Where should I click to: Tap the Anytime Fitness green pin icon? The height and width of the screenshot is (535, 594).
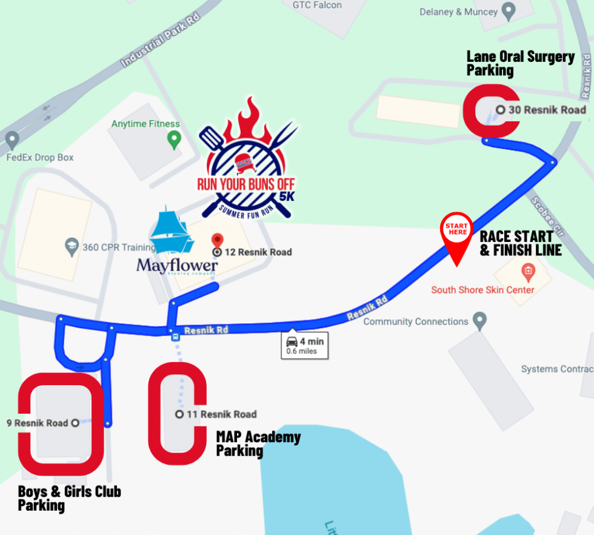pyautogui.click(x=174, y=140)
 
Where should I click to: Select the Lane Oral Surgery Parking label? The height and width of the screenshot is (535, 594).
pyautogui.click(x=520, y=63)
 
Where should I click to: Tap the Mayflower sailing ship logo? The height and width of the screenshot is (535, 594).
pyautogui.click(x=172, y=232)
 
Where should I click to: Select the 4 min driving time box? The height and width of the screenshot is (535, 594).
pyautogui.click(x=305, y=345)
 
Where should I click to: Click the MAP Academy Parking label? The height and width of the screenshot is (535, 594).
pyautogui.click(x=258, y=443)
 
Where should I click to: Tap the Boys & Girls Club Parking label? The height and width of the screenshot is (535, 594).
pyautogui.click(x=69, y=498)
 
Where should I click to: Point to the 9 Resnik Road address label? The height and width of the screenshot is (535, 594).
pyautogui.click(x=37, y=423)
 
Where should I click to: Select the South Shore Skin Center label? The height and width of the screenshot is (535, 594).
pyautogui.click(x=482, y=290)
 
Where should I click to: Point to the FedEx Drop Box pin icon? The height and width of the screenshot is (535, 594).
pyautogui.click(x=12, y=141)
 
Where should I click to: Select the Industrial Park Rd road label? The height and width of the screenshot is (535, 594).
pyautogui.click(x=161, y=41)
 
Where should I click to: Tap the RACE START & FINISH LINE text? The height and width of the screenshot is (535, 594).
pyautogui.click(x=520, y=243)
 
